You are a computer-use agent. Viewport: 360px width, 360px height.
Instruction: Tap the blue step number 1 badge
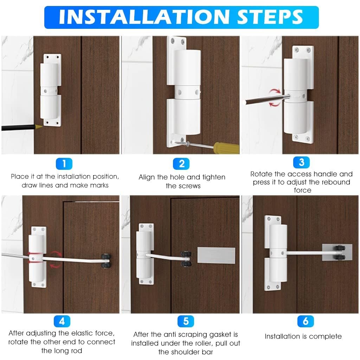click(x=64, y=163)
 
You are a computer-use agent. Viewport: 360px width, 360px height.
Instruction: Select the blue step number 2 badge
click(x=181, y=164)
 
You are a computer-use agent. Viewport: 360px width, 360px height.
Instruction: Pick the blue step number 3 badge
click(x=301, y=162)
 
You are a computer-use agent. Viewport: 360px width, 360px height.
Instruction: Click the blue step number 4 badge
click(x=62, y=321)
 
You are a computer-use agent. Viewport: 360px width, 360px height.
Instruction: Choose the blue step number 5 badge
click(x=186, y=321)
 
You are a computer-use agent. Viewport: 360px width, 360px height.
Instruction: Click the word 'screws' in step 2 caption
click(x=183, y=186)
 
